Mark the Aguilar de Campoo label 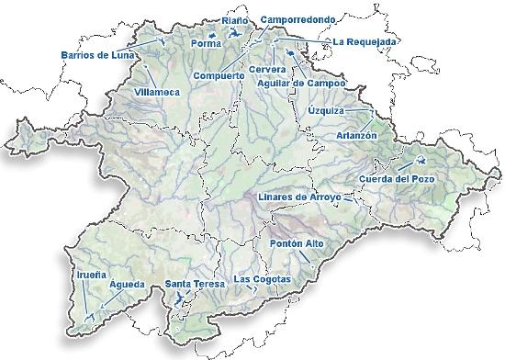301,83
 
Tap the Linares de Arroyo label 299,197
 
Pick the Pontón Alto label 298,243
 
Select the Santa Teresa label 195,285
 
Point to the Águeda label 127,285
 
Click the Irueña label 88,273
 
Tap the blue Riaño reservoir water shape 238,35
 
